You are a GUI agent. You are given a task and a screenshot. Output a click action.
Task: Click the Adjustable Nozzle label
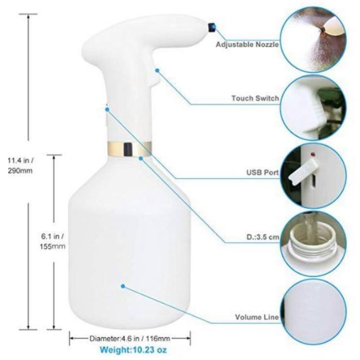(x=247, y=44)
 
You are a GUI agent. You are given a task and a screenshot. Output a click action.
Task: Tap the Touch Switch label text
(x=255, y=98)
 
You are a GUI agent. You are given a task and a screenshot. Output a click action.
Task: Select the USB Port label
(x=263, y=172)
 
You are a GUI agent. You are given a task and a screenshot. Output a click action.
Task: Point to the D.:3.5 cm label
(x=263, y=237)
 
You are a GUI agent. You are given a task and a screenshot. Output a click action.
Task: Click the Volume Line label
(x=257, y=317)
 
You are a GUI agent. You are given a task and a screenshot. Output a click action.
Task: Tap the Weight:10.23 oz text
(x=134, y=350)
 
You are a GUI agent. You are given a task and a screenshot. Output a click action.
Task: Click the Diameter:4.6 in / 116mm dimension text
(x=130, y=339)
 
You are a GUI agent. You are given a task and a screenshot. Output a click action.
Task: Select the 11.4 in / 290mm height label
(x=20, y=165)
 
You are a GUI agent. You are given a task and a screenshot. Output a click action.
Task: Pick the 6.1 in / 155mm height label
(x=53, y=241)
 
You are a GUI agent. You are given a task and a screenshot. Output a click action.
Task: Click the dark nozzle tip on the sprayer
(x=212, y=27)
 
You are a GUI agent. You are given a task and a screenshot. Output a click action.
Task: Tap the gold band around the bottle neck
(x=130, y=148)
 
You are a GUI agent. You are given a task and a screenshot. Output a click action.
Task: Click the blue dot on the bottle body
(x=123, y=286)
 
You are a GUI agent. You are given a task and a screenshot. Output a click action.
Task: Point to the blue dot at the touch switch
(x=157, y=71)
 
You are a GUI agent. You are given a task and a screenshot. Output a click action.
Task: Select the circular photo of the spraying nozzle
(x=313, y=40)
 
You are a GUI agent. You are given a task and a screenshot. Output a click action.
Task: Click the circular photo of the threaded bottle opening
(x=313, y=244)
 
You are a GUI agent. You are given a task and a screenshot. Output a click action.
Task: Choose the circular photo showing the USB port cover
(x=313, y=176)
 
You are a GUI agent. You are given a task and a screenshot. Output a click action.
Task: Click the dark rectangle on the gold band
(x=128, y=148)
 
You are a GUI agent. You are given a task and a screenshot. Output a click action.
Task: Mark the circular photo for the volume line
(x=313, y=312)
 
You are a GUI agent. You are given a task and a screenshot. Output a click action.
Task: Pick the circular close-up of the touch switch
(x=313, y=108)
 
